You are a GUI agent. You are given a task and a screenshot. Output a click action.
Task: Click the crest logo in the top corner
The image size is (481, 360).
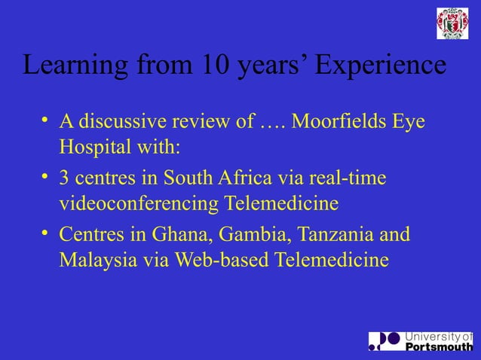tap(452, 23)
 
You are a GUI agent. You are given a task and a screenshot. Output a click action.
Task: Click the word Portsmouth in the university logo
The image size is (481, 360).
tap(440, 347)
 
